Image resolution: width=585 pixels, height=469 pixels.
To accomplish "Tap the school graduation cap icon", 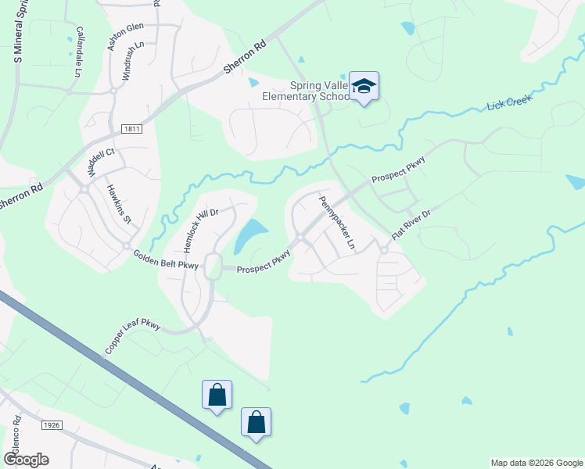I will tap(364, 85).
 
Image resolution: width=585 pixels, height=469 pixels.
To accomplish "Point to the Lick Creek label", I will tap(509, 102).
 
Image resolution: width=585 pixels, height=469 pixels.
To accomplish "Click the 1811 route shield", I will tap(131, 129).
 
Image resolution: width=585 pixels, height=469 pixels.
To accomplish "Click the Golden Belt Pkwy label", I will tap(166, 260).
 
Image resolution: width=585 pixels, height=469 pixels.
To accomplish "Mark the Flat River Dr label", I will tap(411, 224).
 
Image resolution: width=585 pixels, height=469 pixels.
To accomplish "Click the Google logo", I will tap(26, 460).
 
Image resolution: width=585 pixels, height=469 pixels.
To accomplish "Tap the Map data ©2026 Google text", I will tap(536, 463).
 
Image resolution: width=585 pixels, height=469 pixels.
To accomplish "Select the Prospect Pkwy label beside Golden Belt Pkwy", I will tap(264, 262).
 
